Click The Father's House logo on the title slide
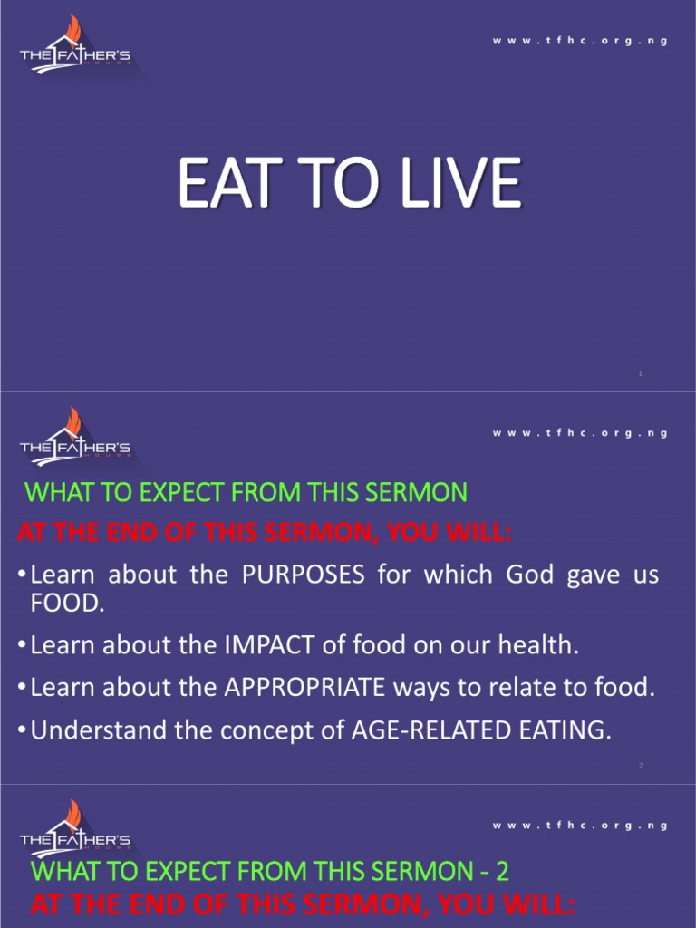pos(75,51)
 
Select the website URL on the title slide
pos(580,42)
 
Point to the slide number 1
pos(641,373)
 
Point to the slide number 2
pos(641,766)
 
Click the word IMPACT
pos(268,645)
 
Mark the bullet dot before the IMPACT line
pos(21,646)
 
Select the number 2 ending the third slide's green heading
pos(502,872)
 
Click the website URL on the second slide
pos(580,433)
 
